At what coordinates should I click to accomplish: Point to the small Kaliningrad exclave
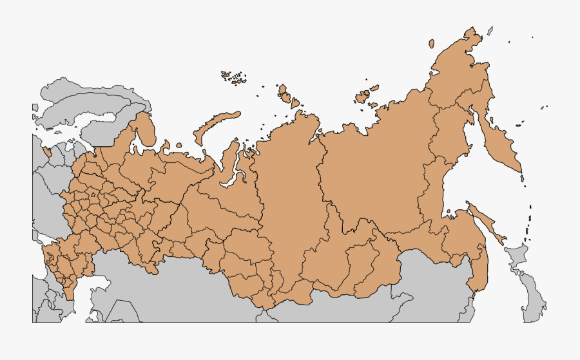[x=47, y=152]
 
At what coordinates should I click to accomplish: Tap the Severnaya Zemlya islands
[x=287, y=97]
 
